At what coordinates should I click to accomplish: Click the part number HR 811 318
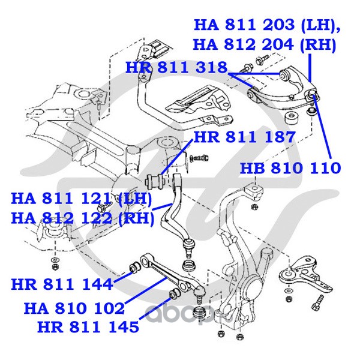click(x=176, y=67)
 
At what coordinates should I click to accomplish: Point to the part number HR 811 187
click(x=244, y=137)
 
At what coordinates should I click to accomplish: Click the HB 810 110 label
click(x=290, y=168)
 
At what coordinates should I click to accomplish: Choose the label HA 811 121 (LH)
click(x=82, y=199)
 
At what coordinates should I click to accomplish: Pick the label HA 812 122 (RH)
click(x=83, y=218)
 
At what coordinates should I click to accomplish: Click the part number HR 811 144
click(x=62, y=284)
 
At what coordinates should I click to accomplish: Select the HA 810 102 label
click(x=74, y=308)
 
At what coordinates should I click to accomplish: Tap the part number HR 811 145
click(x=88, y=326)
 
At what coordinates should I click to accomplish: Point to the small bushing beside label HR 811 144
click(x=135, y=266)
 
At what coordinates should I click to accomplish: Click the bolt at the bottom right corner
click(x=317, y=302)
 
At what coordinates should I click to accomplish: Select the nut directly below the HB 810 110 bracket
click(x=254, y=207)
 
